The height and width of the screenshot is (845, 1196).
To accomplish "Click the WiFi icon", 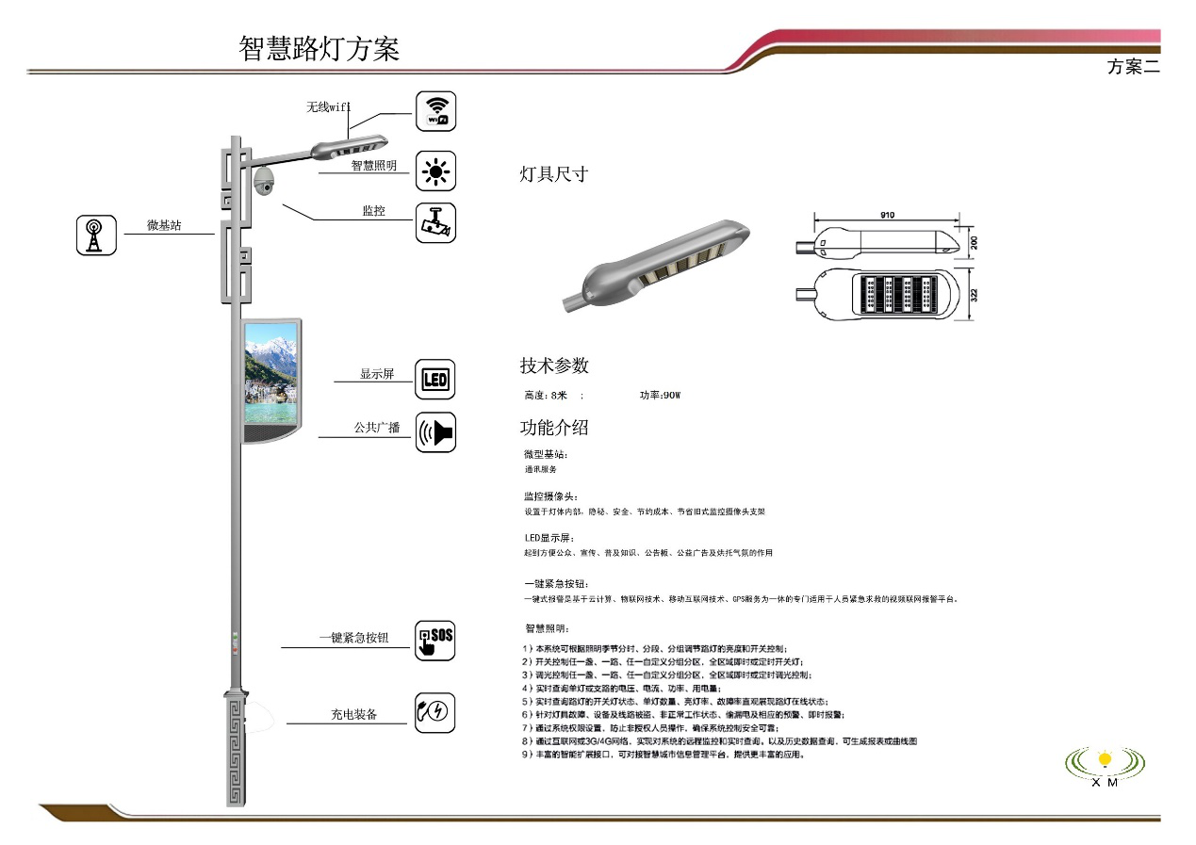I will [435, 111].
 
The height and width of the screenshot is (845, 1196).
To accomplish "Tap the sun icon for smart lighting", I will [435, 171].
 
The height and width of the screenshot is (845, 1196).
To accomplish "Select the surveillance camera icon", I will [435, 223].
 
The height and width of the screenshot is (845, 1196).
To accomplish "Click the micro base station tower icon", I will [96, 236].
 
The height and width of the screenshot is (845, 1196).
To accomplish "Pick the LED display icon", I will [435, 380].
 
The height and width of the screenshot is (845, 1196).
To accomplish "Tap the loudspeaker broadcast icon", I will [435, 432].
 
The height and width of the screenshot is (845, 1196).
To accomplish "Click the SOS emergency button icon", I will [435, 640].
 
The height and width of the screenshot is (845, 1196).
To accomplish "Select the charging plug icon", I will [435, 712].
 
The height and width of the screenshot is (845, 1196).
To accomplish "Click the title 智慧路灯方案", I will [319, 49].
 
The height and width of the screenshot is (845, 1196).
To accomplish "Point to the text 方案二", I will [1133, 67].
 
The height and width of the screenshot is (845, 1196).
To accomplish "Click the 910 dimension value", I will [887, 216].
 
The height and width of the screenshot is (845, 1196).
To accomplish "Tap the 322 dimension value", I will [974, 294].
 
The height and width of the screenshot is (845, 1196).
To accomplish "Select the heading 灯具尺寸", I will [554, 174].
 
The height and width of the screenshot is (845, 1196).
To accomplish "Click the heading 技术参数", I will [554, 366].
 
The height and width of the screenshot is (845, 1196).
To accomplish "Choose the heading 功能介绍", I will [554, 428].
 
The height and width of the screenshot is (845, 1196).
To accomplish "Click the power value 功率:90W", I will [660, 396].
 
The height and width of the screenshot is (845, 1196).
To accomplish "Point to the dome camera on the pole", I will [266, 180].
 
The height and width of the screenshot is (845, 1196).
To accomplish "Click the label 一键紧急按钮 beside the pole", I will [353, 639].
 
